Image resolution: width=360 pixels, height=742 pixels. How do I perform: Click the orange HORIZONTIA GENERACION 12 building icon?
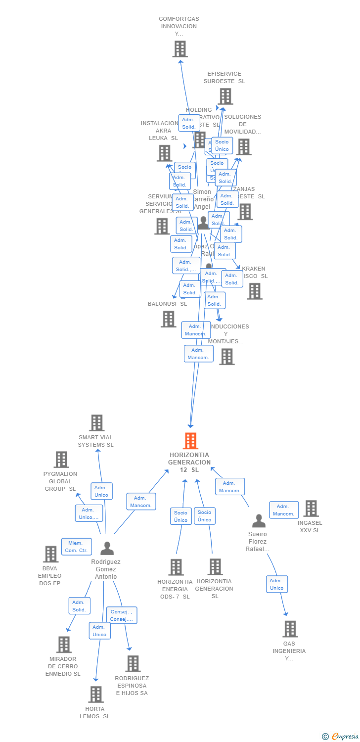tap(190, 441)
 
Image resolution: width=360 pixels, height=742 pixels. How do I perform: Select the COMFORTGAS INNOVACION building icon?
tap(180, 49)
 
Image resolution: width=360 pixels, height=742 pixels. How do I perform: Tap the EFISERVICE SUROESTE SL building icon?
tap(225, 96)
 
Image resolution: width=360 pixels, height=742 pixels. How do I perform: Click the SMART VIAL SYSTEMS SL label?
tap(95, 441)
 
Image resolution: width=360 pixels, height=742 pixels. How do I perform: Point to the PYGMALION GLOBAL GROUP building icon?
tap(61, 460)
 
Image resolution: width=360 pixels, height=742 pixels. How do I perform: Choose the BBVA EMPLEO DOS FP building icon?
tap(50, 554)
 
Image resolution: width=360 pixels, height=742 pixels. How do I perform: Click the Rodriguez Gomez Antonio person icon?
tap(107, 548)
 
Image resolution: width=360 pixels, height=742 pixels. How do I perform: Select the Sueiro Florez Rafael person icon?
tap(259, 521)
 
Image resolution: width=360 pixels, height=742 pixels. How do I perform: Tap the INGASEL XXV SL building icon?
tap(311, 509)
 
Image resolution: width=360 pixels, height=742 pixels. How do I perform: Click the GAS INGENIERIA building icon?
tap(290, 629)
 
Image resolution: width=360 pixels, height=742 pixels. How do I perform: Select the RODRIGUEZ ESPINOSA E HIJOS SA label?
tap(132, 686)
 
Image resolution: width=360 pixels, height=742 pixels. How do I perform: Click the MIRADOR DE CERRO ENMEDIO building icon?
tap(64, 645)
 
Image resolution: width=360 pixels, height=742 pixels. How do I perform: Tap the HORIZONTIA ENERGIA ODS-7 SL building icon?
tap(176, 567)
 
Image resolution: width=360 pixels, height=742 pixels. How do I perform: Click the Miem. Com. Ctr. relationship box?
tap(76, 547)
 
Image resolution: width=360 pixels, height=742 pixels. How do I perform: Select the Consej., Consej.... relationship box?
tap(122, 615)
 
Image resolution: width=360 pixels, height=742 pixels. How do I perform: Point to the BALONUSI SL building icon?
tap(168, 319)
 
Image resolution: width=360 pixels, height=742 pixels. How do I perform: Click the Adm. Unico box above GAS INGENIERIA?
tap(276, 584)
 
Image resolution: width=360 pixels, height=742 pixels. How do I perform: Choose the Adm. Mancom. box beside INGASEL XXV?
tap(284, 510)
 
